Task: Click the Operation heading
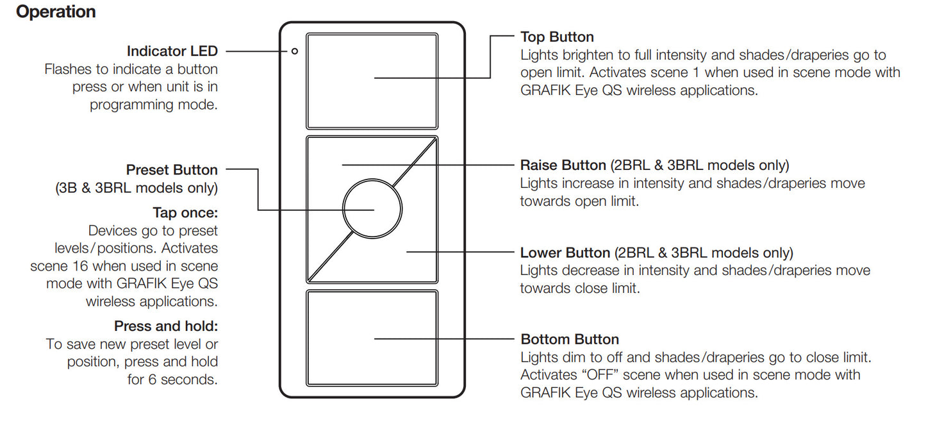(x=56, y=12)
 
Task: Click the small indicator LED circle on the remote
(x=294, y=51)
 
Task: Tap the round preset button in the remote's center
(x=372, y=209)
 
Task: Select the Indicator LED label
(x=172, y=51)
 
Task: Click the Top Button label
(x=557, y=37)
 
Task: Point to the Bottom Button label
(x=570, y=339)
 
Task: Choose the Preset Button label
(x=172, y=170)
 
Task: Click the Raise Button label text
(x=563, y=165)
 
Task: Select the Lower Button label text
(x=565, y=253)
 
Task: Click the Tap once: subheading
(x=185, y=212)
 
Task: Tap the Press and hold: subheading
(x=166, y=326)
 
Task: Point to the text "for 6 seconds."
(x=172, y=380)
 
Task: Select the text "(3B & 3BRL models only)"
(x=136, y=188)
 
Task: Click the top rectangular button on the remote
(x=372, y=81)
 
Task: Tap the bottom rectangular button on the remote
(x=372, y=337)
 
